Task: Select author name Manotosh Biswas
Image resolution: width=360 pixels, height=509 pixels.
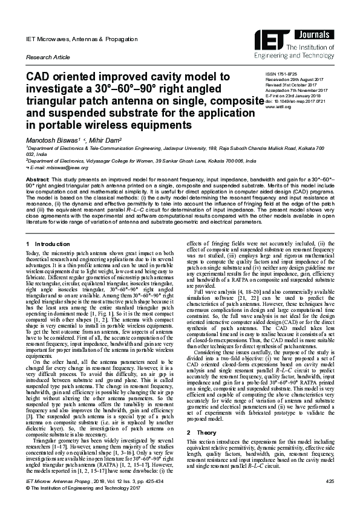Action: [55, 140]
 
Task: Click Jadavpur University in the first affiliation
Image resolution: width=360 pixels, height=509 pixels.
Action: [190, 148]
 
